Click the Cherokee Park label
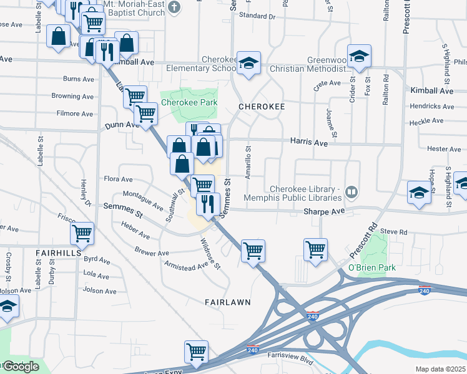pyautogui.click(x=189, y=102)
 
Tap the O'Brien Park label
pyautogui.click(x=372, y=267)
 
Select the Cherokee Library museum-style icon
pyautogui.click(x=351, y=191)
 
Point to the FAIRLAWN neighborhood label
pyautogui.click(x=228, y=302)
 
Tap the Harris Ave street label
pyautogui.click(x=308, y=143)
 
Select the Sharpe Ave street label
pyautogui.click(x=324, y=211)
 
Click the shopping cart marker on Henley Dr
pyautogui.click(x=82, y=233)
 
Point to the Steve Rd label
pyautogui.click(x=393, y=232)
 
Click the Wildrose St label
pyautogui.click(x=210, y=253)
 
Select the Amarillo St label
pyautogui.click(x=248, y=163)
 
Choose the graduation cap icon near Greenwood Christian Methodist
pyautogui.click(x=359, y=56)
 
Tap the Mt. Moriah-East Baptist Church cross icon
pyautogui.click(x=174, y=9)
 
